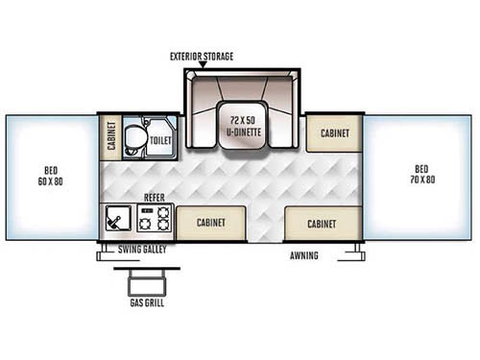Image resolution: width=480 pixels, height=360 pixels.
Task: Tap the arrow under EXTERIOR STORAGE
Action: coord(200,66)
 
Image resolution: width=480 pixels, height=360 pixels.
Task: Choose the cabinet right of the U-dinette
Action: coord(334,133)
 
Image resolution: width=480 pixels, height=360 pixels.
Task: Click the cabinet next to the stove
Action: coord(210,222)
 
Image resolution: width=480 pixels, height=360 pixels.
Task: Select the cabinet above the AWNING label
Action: coord(321,223)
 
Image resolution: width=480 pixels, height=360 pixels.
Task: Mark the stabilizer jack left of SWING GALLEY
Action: coord(103,253)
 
